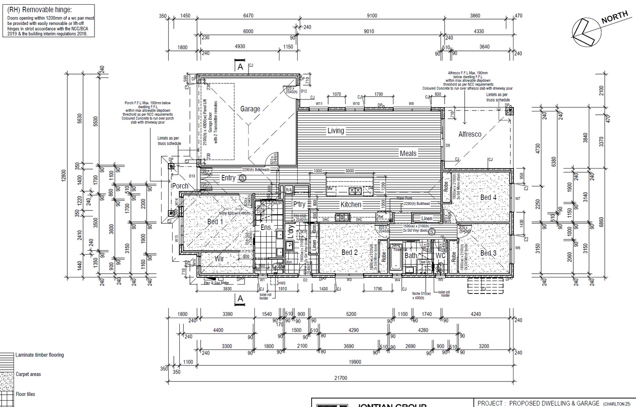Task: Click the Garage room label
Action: click(250, 109)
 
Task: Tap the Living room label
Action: click(335, 131)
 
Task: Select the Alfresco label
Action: click(470, 134)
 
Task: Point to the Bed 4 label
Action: click(488, 197)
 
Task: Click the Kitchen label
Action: click(351, 205)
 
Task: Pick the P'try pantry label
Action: click(299, 204)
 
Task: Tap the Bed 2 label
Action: click(349, 252)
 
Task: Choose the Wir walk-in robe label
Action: click(219, 258)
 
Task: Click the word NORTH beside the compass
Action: click(614, 17)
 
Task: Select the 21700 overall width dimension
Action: click(340, 378)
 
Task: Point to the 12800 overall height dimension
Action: click(64, 175)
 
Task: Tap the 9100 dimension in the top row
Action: click(371, 16)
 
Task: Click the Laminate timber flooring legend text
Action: click(39, 355)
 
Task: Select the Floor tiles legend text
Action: click(25, 394)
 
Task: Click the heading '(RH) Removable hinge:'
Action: click(39, 9)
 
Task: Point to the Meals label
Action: click(408, 153)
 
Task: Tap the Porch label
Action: click(180, 186)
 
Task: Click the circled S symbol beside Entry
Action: click(243, 178)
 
